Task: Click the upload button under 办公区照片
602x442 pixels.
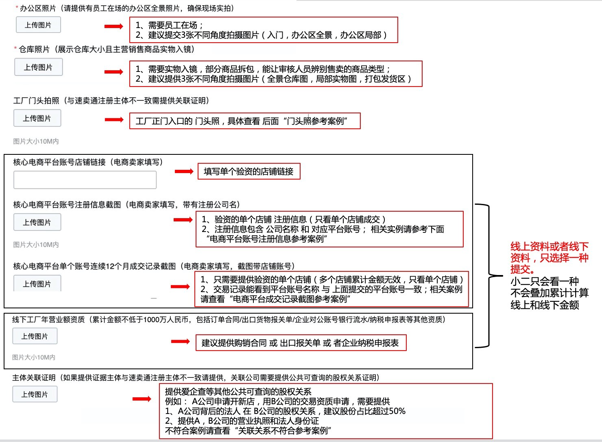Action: (x=38, y=25)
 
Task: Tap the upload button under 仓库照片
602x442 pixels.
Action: (x=38, y=67)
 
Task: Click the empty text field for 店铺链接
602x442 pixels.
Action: (x=85, y=180)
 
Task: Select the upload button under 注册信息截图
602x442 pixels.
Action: (x=37, y=222)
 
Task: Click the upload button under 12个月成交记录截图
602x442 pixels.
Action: (x=37, y=284)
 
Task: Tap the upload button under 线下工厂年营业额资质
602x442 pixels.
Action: (x=35, y=336)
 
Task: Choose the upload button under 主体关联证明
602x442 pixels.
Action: (x=35, y=394)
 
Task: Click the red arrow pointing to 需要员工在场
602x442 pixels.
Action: (x=113, y=26)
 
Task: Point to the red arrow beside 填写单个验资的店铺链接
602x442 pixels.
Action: (x=184, y=171)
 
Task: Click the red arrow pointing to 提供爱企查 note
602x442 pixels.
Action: (x=142, y=399)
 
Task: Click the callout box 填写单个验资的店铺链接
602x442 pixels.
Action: (x=249, y=171)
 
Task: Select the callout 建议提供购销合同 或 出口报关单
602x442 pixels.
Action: (x=300, y=343)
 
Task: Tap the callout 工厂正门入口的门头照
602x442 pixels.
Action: (x=244, y=121)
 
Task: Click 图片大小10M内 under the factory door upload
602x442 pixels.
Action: (x=36, y=141)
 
